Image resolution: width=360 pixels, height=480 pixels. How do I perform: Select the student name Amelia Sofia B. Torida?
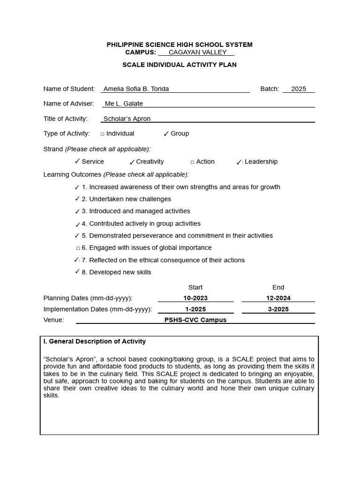click(x=136, y=89)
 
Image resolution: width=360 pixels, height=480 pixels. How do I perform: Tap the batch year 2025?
click(x=298, y=89)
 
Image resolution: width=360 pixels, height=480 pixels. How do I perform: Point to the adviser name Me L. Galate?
click(x=124, y=104)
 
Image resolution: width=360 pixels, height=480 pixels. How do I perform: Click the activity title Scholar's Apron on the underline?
click(x=127, y=119)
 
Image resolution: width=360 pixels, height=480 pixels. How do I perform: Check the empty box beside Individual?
click(x=103, y=134)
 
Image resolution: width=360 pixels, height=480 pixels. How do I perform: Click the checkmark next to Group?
click(x=166, y=134)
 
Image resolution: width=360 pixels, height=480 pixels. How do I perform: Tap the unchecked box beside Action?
click(x=192, y=162)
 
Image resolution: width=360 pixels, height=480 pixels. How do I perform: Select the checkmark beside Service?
click(x=77, y=161)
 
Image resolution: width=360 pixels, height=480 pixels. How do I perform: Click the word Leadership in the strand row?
click(x=261, y=162)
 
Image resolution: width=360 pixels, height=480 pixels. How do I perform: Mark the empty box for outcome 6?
click(x=78, y=248)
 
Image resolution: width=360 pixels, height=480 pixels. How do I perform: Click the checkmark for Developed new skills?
click(x=77, y=271)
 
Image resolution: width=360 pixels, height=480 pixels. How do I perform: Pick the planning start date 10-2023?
click(x=195, y=298)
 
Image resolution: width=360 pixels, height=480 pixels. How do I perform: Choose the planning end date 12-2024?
click(x=278, y=298)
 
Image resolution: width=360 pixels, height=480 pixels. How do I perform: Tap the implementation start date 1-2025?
click(x=195, y=309)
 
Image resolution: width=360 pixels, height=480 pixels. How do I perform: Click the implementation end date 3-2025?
click(x=278, y=309)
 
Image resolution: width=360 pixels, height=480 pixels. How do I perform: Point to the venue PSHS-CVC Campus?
click(x=195, y=320)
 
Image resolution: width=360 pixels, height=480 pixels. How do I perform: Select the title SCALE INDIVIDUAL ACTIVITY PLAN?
click(x=180, y=65)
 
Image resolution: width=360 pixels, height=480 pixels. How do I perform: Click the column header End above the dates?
click(x=278, y=287)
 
